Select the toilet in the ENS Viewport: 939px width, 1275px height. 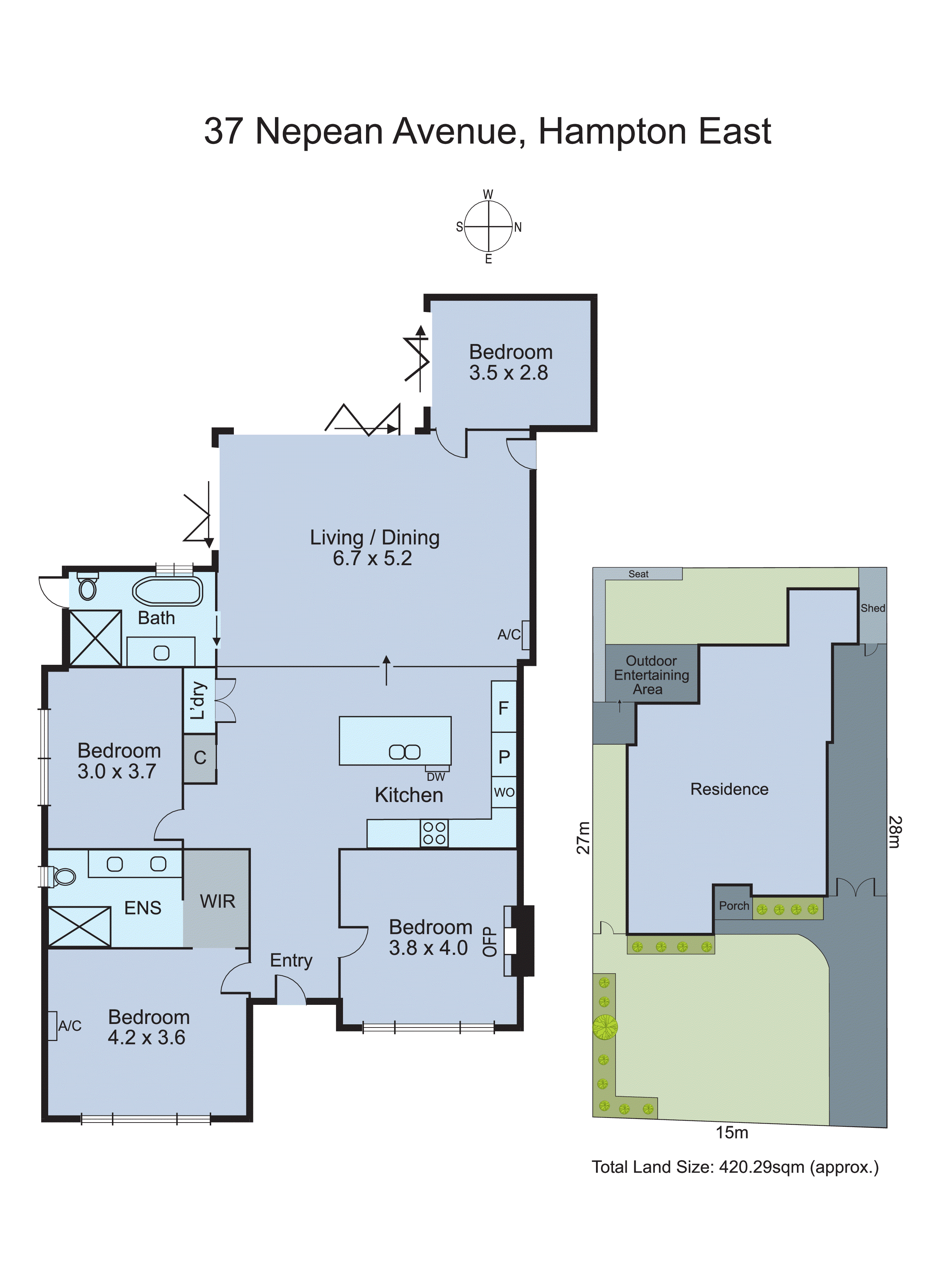click(64, 876)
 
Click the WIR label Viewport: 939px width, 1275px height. click(217, 901)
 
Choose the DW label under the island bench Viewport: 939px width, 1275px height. click(436, 777)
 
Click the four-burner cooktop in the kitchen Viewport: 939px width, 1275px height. click(434, 834)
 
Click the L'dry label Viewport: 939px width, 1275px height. click(198, 701)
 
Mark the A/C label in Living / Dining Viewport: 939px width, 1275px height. click(509, 635)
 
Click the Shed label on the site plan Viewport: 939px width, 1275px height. click(872, 608)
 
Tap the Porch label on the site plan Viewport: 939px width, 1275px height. click(734, 906)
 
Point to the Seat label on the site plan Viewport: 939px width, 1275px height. click(638, 574)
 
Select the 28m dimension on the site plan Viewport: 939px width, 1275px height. click(895, 832)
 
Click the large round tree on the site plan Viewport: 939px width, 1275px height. click(605, 1027)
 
